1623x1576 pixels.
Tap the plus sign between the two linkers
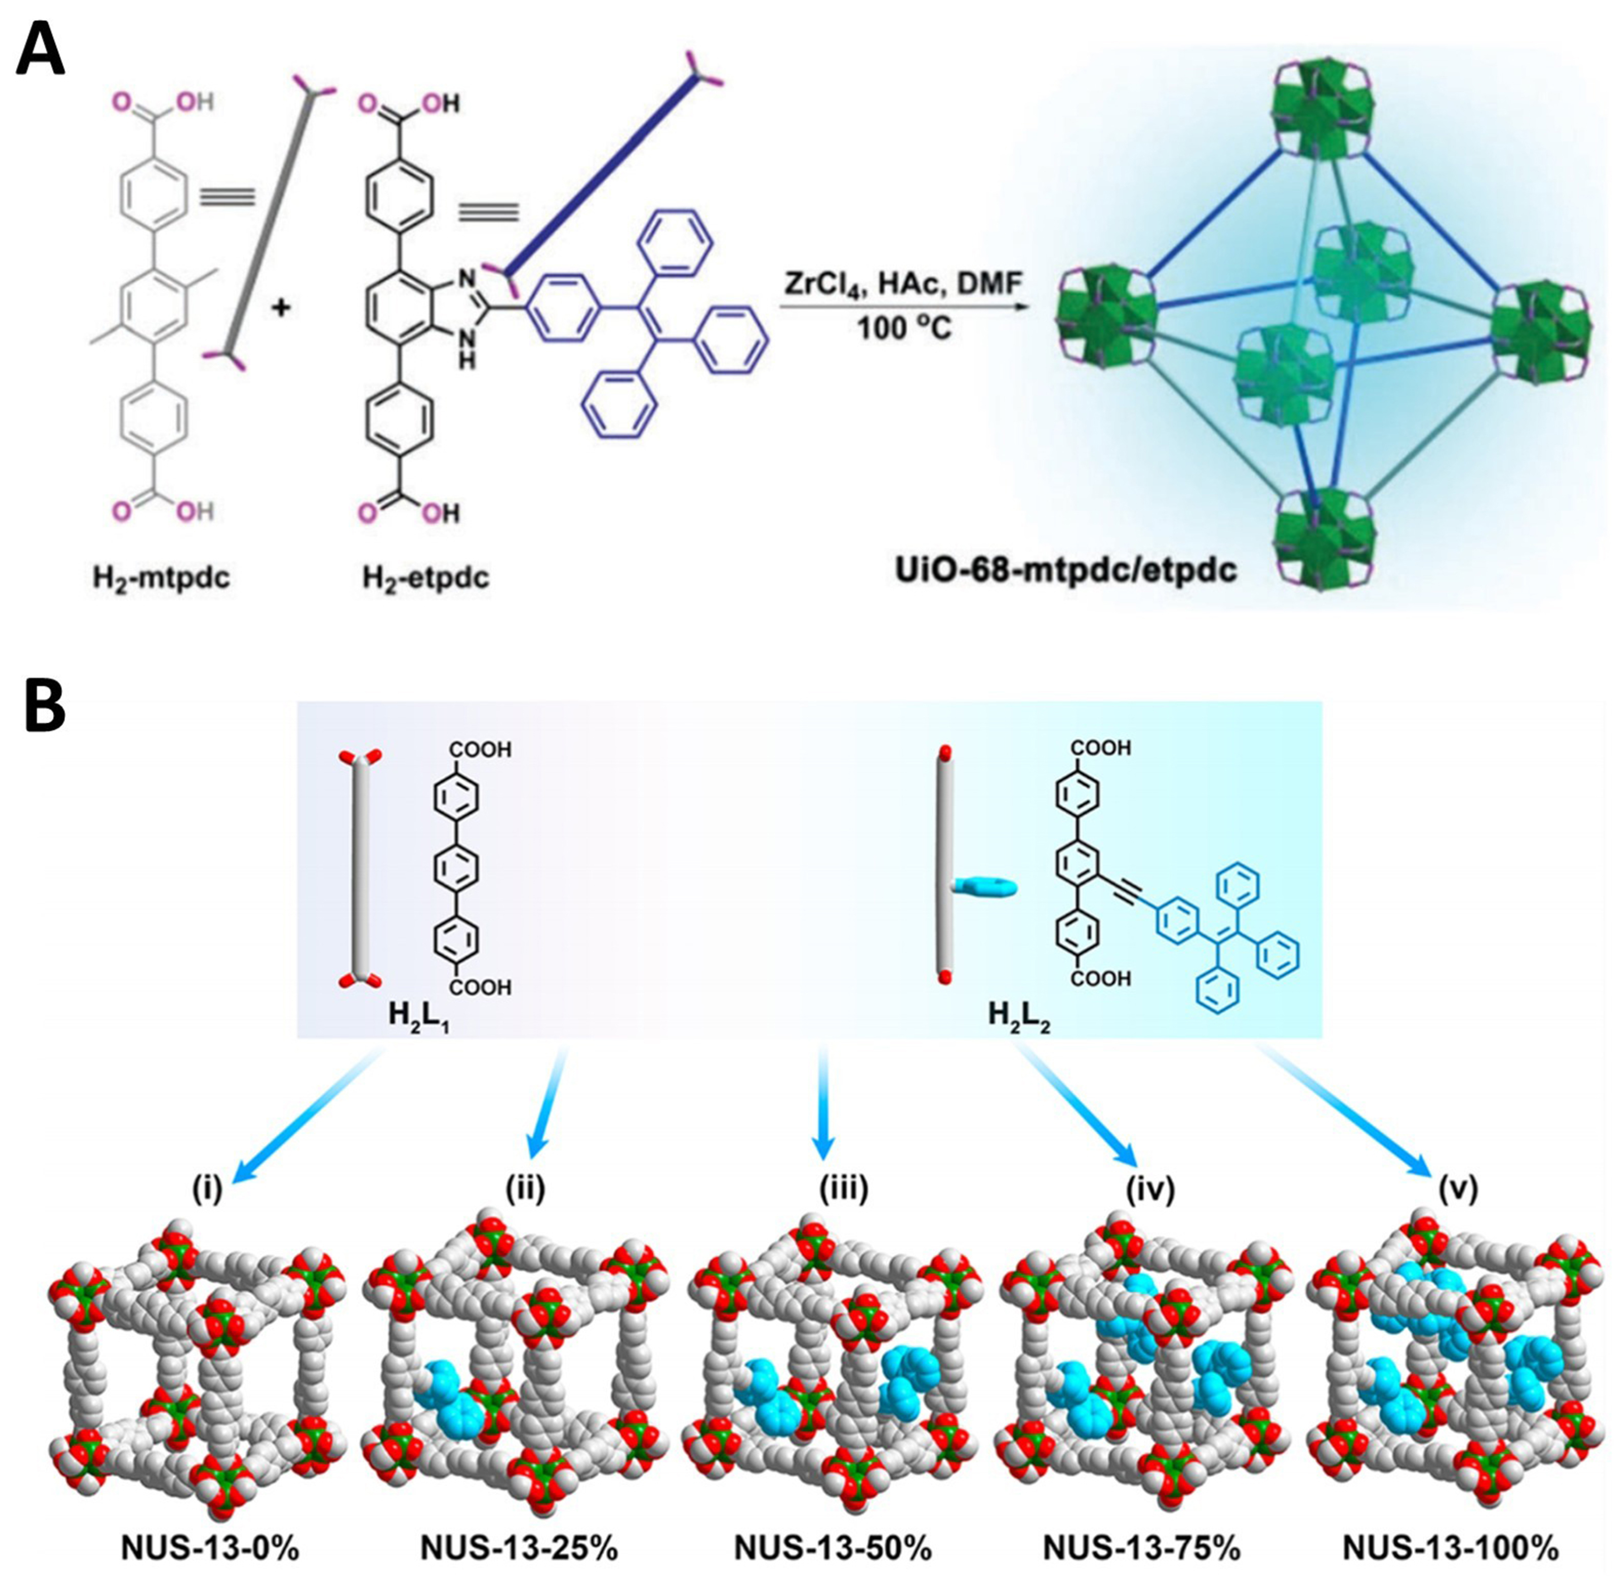click(x=282, y=309)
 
